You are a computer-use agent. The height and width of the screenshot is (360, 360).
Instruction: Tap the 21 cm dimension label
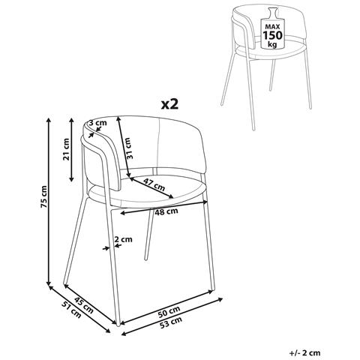(66, 149)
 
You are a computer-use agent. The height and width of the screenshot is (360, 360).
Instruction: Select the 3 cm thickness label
(97, 123)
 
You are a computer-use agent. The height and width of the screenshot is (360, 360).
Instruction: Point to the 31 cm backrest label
(128, 148)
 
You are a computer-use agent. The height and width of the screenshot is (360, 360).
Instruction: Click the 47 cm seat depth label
(154, 184)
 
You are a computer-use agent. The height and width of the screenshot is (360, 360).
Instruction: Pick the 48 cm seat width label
(166, 211)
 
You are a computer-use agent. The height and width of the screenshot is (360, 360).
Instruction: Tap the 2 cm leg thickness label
(123, 239)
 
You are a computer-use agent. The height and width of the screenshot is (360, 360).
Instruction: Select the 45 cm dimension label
(84, 306)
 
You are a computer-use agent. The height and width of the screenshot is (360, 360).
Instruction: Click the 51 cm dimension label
(72, 310)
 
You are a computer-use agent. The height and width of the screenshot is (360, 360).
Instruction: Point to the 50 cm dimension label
(169, 311)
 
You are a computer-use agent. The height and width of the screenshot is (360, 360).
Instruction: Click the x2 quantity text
(170, 104)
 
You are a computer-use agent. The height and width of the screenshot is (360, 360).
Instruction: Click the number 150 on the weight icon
(272, 35)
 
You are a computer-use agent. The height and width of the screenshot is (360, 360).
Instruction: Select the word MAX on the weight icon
(272, 26)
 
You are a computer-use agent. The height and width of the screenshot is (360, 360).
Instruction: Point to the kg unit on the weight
(272, 45)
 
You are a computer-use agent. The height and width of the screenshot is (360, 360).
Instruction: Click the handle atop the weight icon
(272, 13)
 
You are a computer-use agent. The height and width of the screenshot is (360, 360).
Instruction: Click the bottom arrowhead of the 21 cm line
(71, 179)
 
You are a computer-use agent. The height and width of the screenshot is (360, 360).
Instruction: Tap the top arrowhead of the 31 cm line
(118, 118)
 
